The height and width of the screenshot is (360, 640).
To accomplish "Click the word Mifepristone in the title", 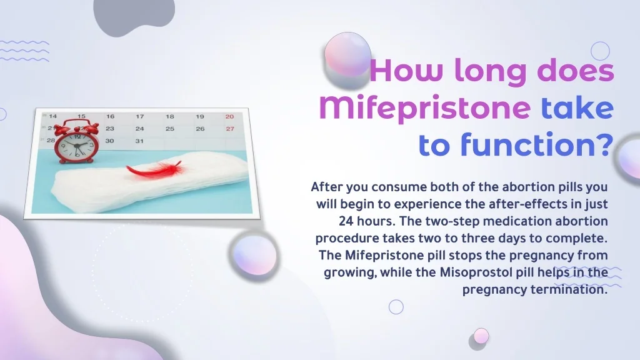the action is pos(424,109).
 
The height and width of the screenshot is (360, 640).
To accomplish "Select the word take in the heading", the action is pos(577,107).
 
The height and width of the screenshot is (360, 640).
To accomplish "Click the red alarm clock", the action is pos(77,141).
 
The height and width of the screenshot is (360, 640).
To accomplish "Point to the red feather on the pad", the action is pos(154,169).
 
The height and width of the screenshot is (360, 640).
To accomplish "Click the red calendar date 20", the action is pos(229,117).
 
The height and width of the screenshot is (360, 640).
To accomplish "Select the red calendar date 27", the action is pos(230,129).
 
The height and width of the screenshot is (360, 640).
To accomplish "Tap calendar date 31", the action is pos(139,141).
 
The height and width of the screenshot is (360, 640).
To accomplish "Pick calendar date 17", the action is pos(140,116).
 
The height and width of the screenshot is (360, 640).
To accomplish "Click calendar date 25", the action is pos(170,129).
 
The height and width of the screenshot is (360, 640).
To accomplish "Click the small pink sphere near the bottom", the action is pos(481,336).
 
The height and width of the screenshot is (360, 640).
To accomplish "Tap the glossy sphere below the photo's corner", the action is pos(255,255).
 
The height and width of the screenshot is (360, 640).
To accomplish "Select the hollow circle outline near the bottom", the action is pos(396,307).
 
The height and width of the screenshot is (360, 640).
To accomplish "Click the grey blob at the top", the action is pos(134,16).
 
